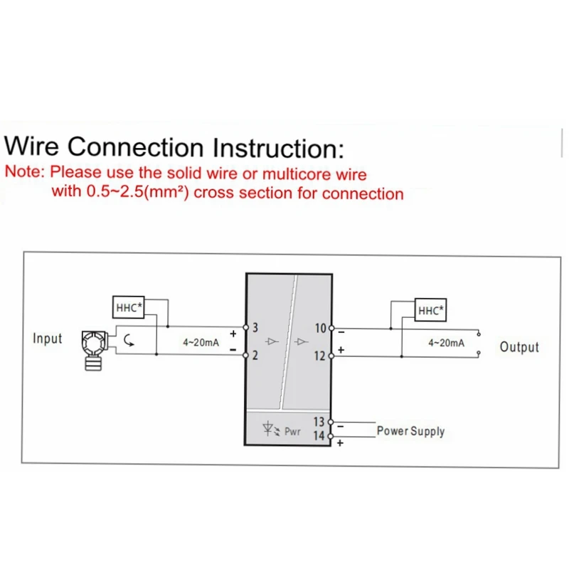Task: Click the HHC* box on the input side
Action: click(x=129, y=307)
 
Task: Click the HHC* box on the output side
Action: click(x=430, y=310)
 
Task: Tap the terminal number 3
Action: click(x=255, y=328)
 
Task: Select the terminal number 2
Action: click(x=255, y=355)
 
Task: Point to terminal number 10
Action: click(x=321, y=328)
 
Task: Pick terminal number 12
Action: click(x=320, y=356)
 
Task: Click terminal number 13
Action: click(x=319, y=422)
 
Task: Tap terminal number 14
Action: click(x=319, y=435)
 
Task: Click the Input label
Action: click(x=47, y=339)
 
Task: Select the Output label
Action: click(x=519, y=347)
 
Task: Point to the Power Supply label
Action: click(x=411, y=431)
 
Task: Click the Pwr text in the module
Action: click(x=292, y=432)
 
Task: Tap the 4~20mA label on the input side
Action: click(x=201, y=342)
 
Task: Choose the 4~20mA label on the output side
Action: click(x=447, y=343)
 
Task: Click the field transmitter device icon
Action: click(x=94, y=351)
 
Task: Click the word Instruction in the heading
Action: click(x=278, y=148)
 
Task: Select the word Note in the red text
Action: click(x=25, y=171)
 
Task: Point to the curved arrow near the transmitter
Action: click(x=129, y=341)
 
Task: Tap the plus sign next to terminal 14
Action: click(x=340, y=443)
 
